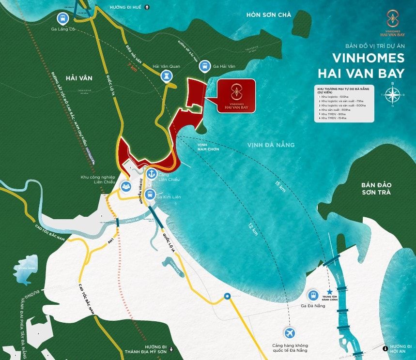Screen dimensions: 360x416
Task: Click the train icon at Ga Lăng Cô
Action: pos(62,19)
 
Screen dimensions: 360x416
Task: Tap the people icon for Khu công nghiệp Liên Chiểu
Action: pos(126,185)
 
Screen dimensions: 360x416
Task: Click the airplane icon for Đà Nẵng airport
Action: pos(290,333)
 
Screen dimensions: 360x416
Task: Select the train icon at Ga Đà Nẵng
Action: pos(313,295)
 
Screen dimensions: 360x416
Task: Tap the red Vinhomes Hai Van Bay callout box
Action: pos(236,95)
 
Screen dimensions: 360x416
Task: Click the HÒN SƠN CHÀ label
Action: pos(269,15)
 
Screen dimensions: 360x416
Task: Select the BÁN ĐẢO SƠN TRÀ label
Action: pos(379,189)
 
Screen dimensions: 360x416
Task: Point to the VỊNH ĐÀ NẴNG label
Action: pos(271,145)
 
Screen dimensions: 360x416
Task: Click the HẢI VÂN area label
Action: pos(78,77)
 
